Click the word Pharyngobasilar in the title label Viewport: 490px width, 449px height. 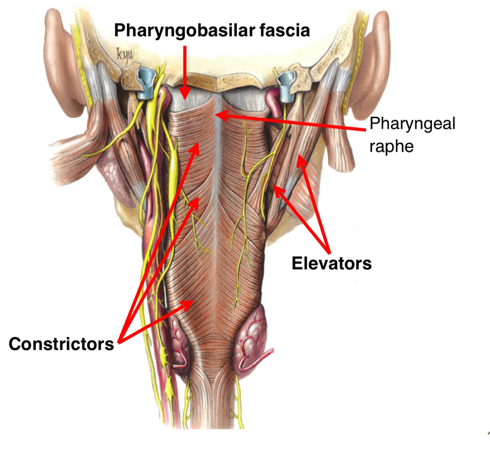tap(185, 30)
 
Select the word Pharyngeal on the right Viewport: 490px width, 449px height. tap(412, 123)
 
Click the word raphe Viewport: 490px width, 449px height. tap(392, 146)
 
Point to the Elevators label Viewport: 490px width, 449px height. tap(331, 263)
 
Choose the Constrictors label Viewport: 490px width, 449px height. tap(61, 344)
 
